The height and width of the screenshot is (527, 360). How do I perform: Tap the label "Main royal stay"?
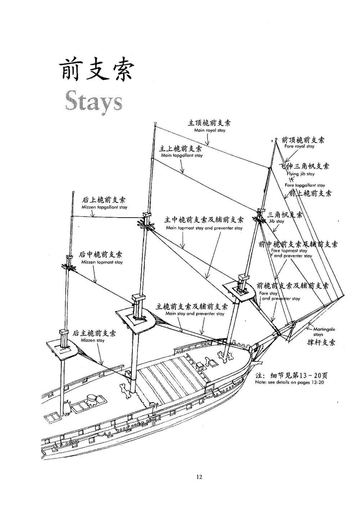[x=210, y=130]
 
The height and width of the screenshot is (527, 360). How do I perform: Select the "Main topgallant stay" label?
[x=182, y=155]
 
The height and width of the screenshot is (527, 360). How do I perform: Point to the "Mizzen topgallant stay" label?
[x=104, y=207]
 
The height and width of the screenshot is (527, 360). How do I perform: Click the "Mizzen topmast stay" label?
[x=102, y=262]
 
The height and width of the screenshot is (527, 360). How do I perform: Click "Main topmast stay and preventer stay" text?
[x=204, y=228]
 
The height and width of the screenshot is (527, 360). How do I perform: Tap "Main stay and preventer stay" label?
[x=195, y=314]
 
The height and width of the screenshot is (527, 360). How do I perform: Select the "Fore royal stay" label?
[x=299, y=146]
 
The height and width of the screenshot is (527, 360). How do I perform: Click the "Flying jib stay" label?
[x=301, y=174]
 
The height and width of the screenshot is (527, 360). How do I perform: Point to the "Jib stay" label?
[x=276, y=221]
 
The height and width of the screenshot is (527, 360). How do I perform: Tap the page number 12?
[x=199, y=477]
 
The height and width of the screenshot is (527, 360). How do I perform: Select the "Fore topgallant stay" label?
[x=305, y=185]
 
